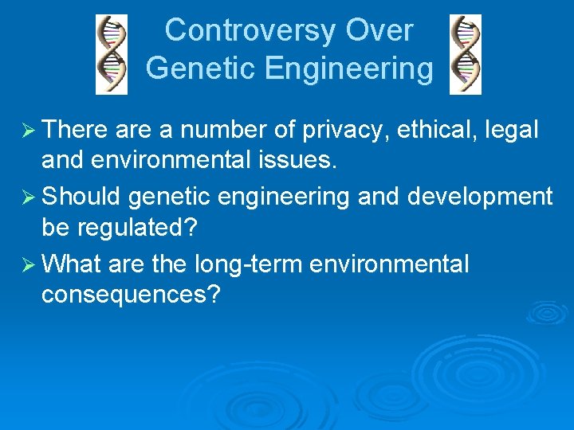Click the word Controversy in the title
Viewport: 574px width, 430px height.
(251, 30)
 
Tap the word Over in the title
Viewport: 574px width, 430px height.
(379, 30)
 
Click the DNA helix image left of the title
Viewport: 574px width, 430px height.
(112, 54)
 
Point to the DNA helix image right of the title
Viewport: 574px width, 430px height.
(466, 54)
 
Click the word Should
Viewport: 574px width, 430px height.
(82, 196)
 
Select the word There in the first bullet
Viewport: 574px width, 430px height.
(76, 129)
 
